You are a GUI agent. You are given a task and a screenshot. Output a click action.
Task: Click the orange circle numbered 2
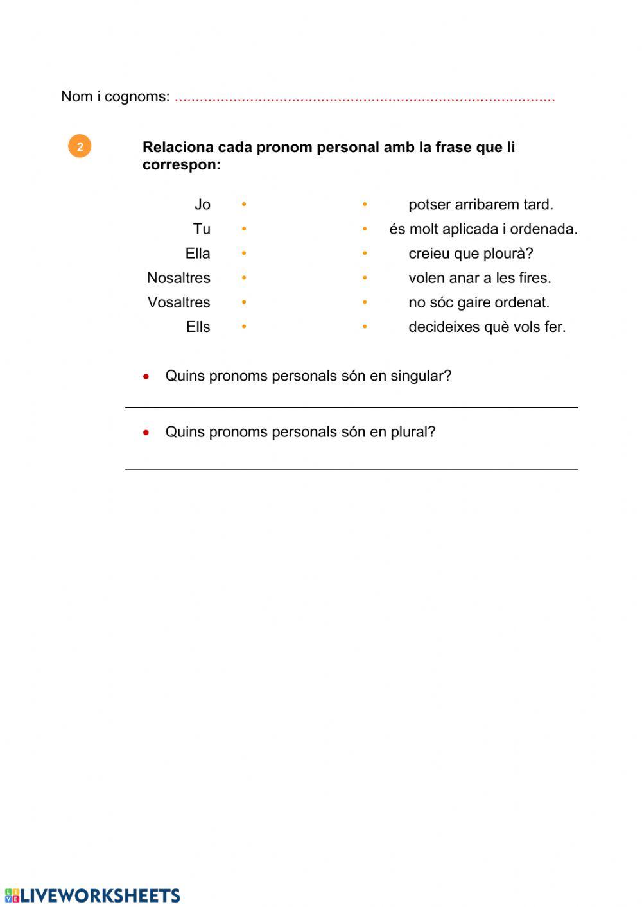80,146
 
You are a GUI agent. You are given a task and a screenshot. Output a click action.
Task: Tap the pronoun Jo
202,205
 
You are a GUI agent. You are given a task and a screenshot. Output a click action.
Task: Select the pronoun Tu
202,229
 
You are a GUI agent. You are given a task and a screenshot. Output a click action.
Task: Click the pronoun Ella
198,254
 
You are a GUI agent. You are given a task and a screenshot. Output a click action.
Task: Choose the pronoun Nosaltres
178,278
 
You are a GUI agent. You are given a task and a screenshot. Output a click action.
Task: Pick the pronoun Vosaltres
178,302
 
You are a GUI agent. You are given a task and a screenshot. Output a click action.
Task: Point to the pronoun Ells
198,327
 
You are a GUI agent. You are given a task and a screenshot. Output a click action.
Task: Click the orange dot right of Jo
244,205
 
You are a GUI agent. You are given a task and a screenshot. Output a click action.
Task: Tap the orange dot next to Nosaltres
244,278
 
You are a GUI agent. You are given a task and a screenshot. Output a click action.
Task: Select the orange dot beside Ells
244,327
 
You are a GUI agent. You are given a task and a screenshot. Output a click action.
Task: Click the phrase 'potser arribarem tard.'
480,205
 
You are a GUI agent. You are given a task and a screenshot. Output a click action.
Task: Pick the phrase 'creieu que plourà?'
471,254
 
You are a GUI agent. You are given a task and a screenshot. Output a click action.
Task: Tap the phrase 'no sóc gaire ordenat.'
479,302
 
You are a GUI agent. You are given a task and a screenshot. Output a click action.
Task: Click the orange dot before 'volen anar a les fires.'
365,278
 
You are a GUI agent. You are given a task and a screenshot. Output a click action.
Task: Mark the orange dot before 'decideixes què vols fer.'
365,327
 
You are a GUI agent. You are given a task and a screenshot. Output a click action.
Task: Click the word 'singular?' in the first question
419,376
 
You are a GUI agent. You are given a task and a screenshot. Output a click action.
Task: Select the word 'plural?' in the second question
413,432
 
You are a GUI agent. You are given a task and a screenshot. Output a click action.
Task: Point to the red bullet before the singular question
146,376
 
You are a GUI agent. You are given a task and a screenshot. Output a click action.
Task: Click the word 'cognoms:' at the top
137,97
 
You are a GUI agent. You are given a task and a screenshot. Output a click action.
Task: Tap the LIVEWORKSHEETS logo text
100,895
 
